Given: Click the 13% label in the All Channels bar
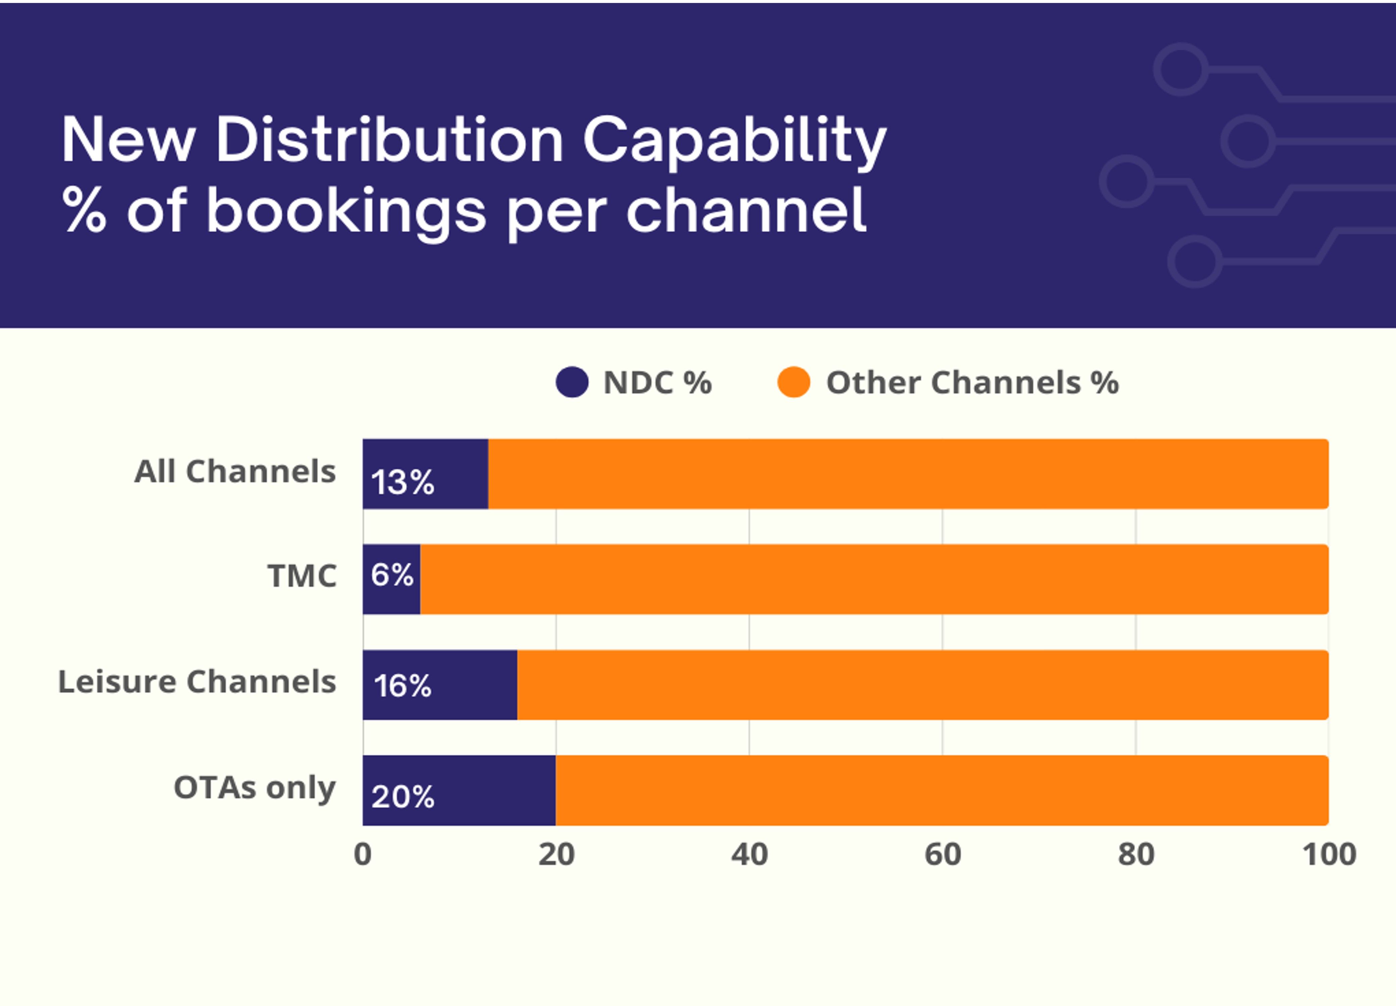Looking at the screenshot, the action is [x=403, y=482].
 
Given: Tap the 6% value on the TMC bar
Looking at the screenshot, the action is [x=392, y=575].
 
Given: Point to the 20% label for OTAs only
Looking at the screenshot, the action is [x=403, y=797].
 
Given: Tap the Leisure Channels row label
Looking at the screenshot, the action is [x=197, y=682].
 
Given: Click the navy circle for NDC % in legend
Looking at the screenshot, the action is [x=572, y=382].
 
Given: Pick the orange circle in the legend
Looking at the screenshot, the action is [x=793, y=382].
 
